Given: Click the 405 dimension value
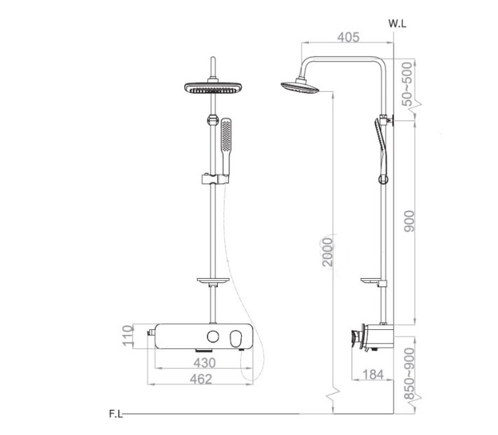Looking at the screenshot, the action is coord(348,37).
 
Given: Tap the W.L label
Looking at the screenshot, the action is coord(397,24).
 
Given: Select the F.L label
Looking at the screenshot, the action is coord(116,414).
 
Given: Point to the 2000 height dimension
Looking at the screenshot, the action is coord(327,252).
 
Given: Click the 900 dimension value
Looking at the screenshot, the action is coord(409,221).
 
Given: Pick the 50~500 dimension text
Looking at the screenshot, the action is coord(407,84).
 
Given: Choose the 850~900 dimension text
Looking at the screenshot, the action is coord(409,374).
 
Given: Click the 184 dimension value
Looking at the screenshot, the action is coord(373,375).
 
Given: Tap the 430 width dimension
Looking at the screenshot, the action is coord(205,363).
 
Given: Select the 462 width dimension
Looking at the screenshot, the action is coord(201,379).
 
